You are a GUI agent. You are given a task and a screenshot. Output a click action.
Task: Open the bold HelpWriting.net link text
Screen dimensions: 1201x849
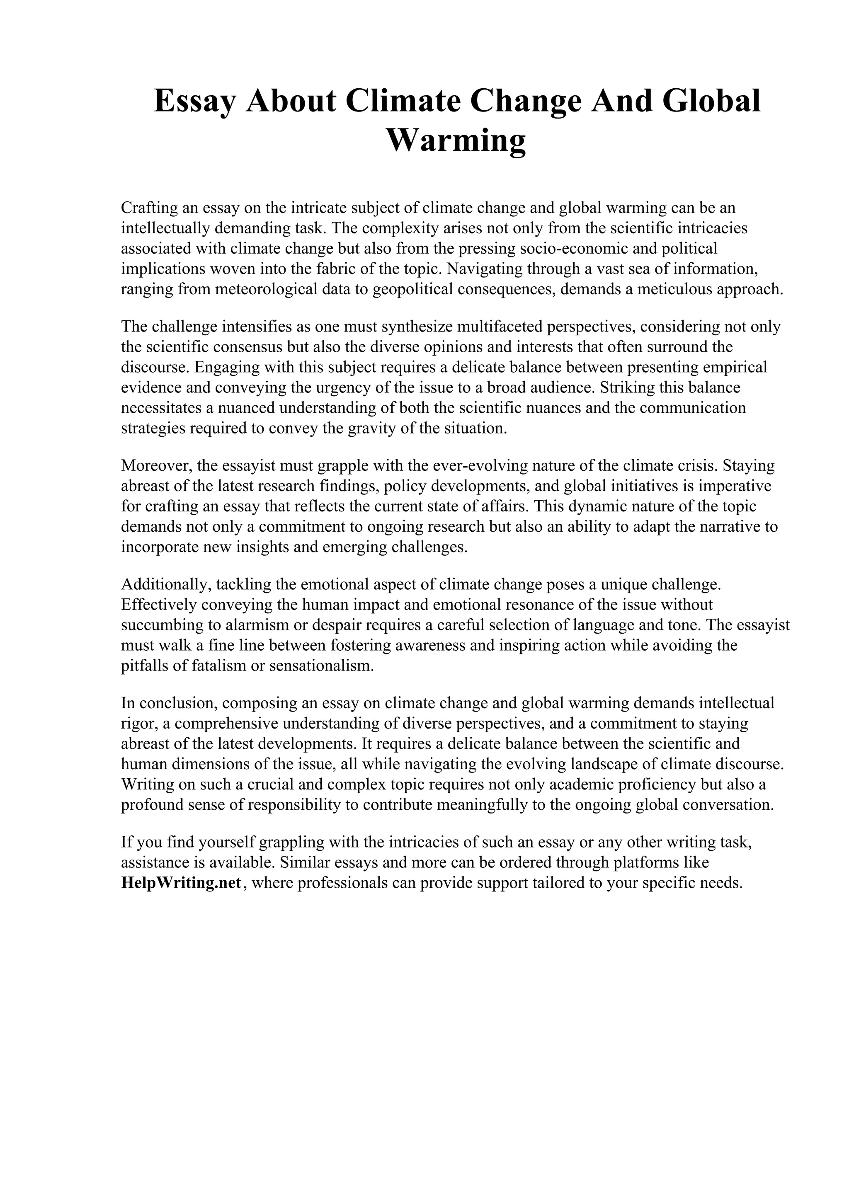pyautogui.click(x=181, y=883)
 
